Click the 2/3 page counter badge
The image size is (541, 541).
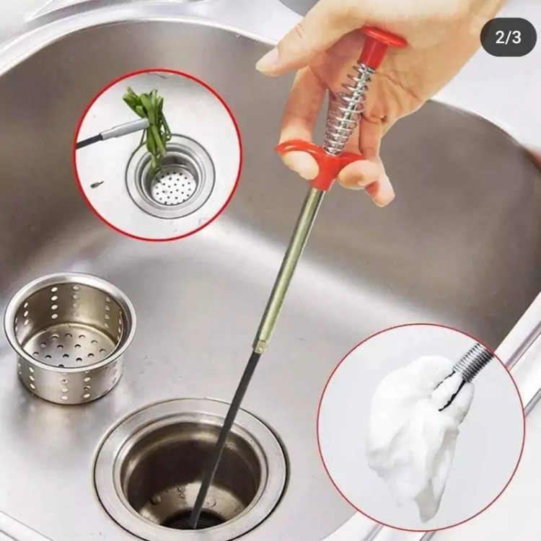(509, 38)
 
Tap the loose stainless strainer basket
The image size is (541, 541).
(69, 336)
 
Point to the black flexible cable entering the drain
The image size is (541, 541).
(224, 438)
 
